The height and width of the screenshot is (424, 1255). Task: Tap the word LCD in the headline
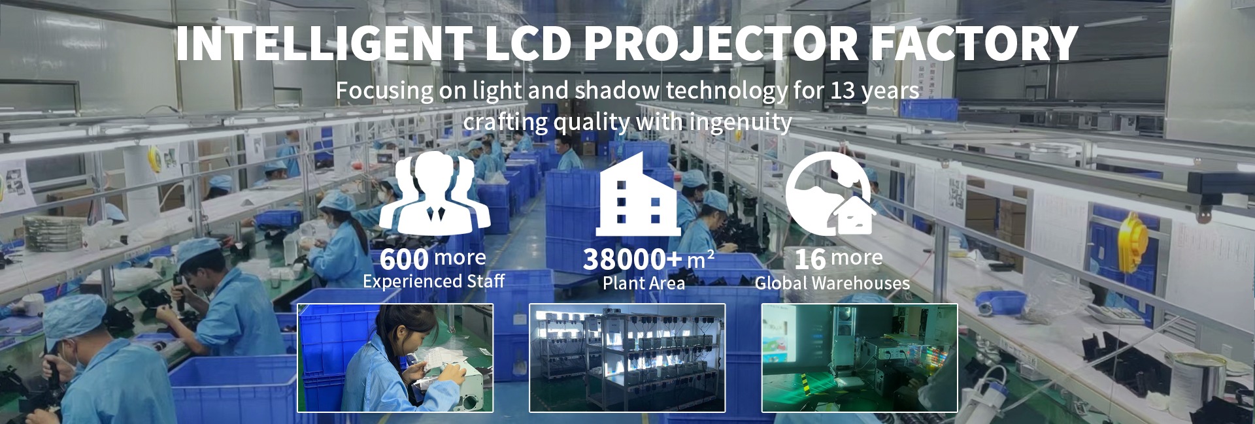pyautogui.click(x=526, y=44)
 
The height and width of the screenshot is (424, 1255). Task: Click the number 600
pyautogui.click(x=404, y=259)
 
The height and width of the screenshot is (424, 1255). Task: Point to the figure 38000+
pyautogui.click(x=633, y=260)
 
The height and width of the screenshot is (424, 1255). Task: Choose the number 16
pyautogui.click(x=810, y=259)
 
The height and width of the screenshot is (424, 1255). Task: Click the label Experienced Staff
pyautogui.click(x=433, y=282)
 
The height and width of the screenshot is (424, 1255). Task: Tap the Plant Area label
pyautogui.click(x=644, y=283)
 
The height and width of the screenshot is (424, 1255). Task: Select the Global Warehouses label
pyautogui.click(x=832, y=283)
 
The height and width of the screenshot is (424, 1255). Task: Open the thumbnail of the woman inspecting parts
pyautogui.click(x=395, y=358)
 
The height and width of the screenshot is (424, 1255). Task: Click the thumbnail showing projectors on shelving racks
pyautogui.click(x=627, y=358)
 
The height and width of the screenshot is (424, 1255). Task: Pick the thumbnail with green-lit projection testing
pyautogui.click(x=860, y=358)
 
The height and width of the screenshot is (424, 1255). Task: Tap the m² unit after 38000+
pyautogui.click(x=700, y=260)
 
